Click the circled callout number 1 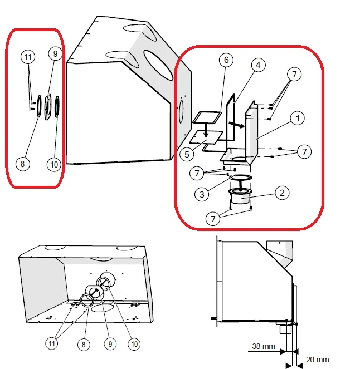tap(298, 118)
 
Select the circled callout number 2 tap(282, 193)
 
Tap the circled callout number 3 tap(202, 194)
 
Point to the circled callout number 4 tap(258, 65)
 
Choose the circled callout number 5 tap(187, 154)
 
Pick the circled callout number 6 tap(226, 60)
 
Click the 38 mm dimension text tap(264, 346)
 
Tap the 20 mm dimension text tap(317, 360)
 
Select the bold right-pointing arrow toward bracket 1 tap(236, 125)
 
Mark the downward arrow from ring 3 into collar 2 tap(240, 185)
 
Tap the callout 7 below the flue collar tap(213, 219)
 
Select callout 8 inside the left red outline tap(23, 164)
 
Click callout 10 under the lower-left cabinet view tap(134, 344)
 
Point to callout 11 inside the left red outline tap(28, 57)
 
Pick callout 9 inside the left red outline tap(55, 53)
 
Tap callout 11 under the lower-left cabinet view tap(52, 343)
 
